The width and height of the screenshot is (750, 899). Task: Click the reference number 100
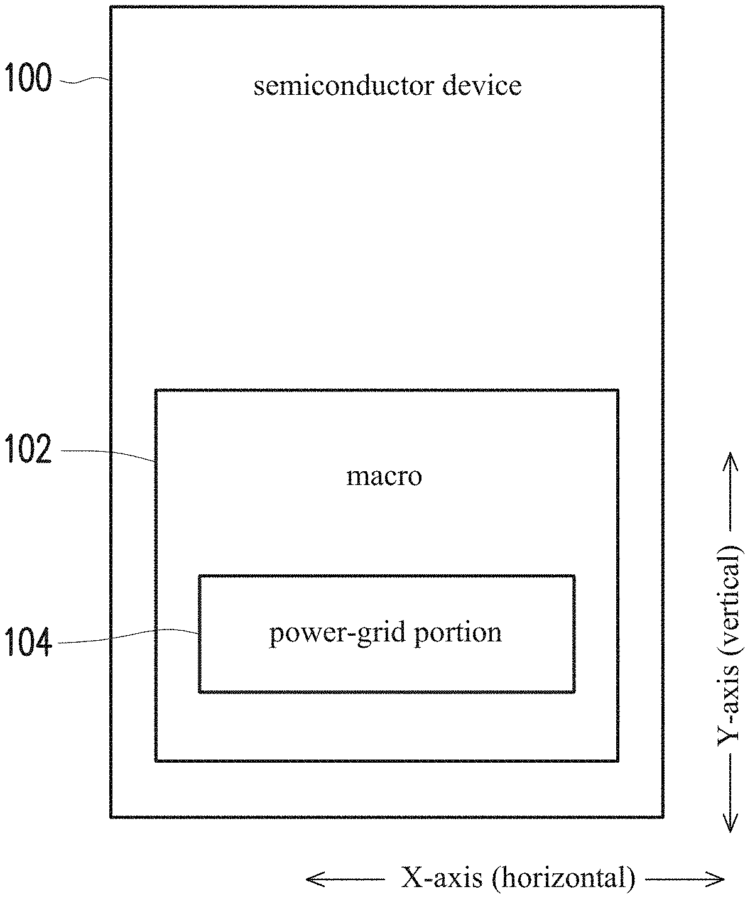(x=28, y=77)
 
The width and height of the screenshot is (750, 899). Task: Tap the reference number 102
(x=28, y=449)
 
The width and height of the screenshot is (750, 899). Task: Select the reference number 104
(x=28, y=642)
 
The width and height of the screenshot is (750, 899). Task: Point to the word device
(x=482, y=85)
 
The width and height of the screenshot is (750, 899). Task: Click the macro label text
(x=384, y=477)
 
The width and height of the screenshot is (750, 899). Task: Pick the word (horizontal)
(x=563, y=878)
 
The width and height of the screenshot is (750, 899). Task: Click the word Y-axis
(x=729, y=707)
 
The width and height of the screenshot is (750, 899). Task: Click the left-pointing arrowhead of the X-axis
(x=313, y=880)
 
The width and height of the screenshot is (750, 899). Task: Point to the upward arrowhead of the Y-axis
(x=729, y=460)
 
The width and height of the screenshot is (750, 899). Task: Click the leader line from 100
(x=84, y=80)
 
